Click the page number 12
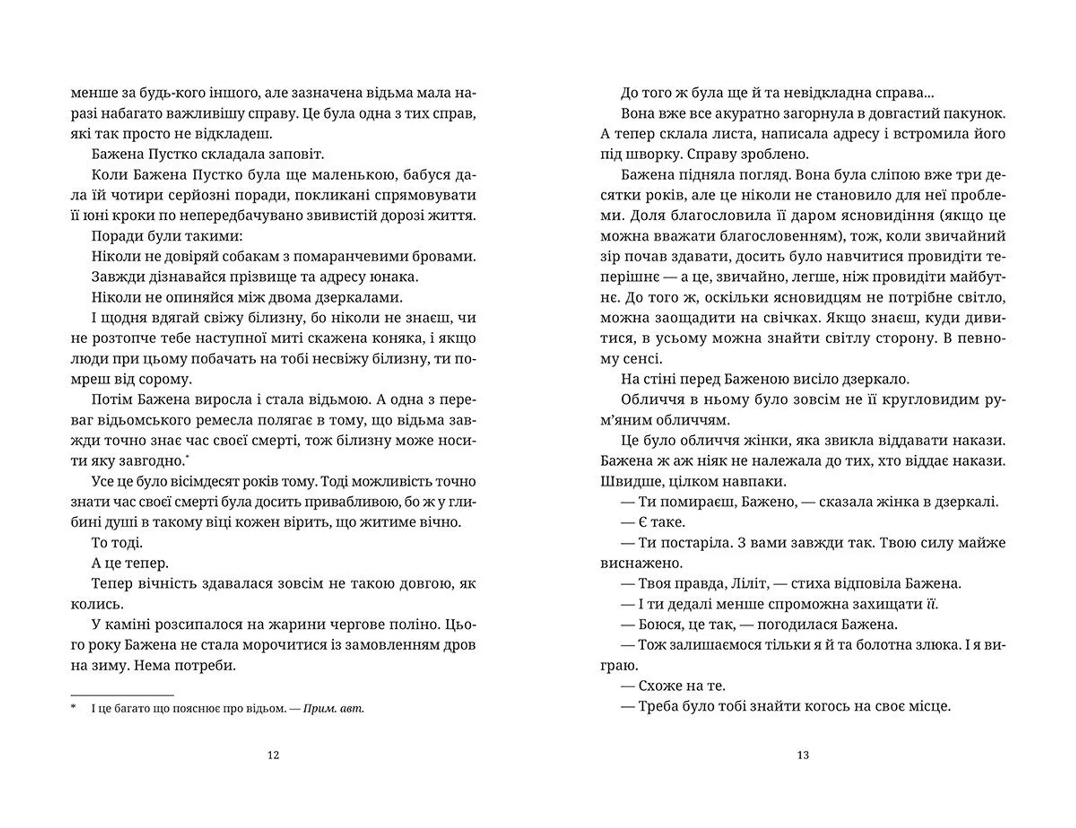pyautogui.click(x=273, y=755)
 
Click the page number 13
pyautogui.click(x=803, y=755)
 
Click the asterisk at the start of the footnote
pyautogui.click(x=73, y=707)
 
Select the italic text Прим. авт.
pyautogui.click(x=333, y=709)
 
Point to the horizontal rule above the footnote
pyautogui.click(x=122, y=696)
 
